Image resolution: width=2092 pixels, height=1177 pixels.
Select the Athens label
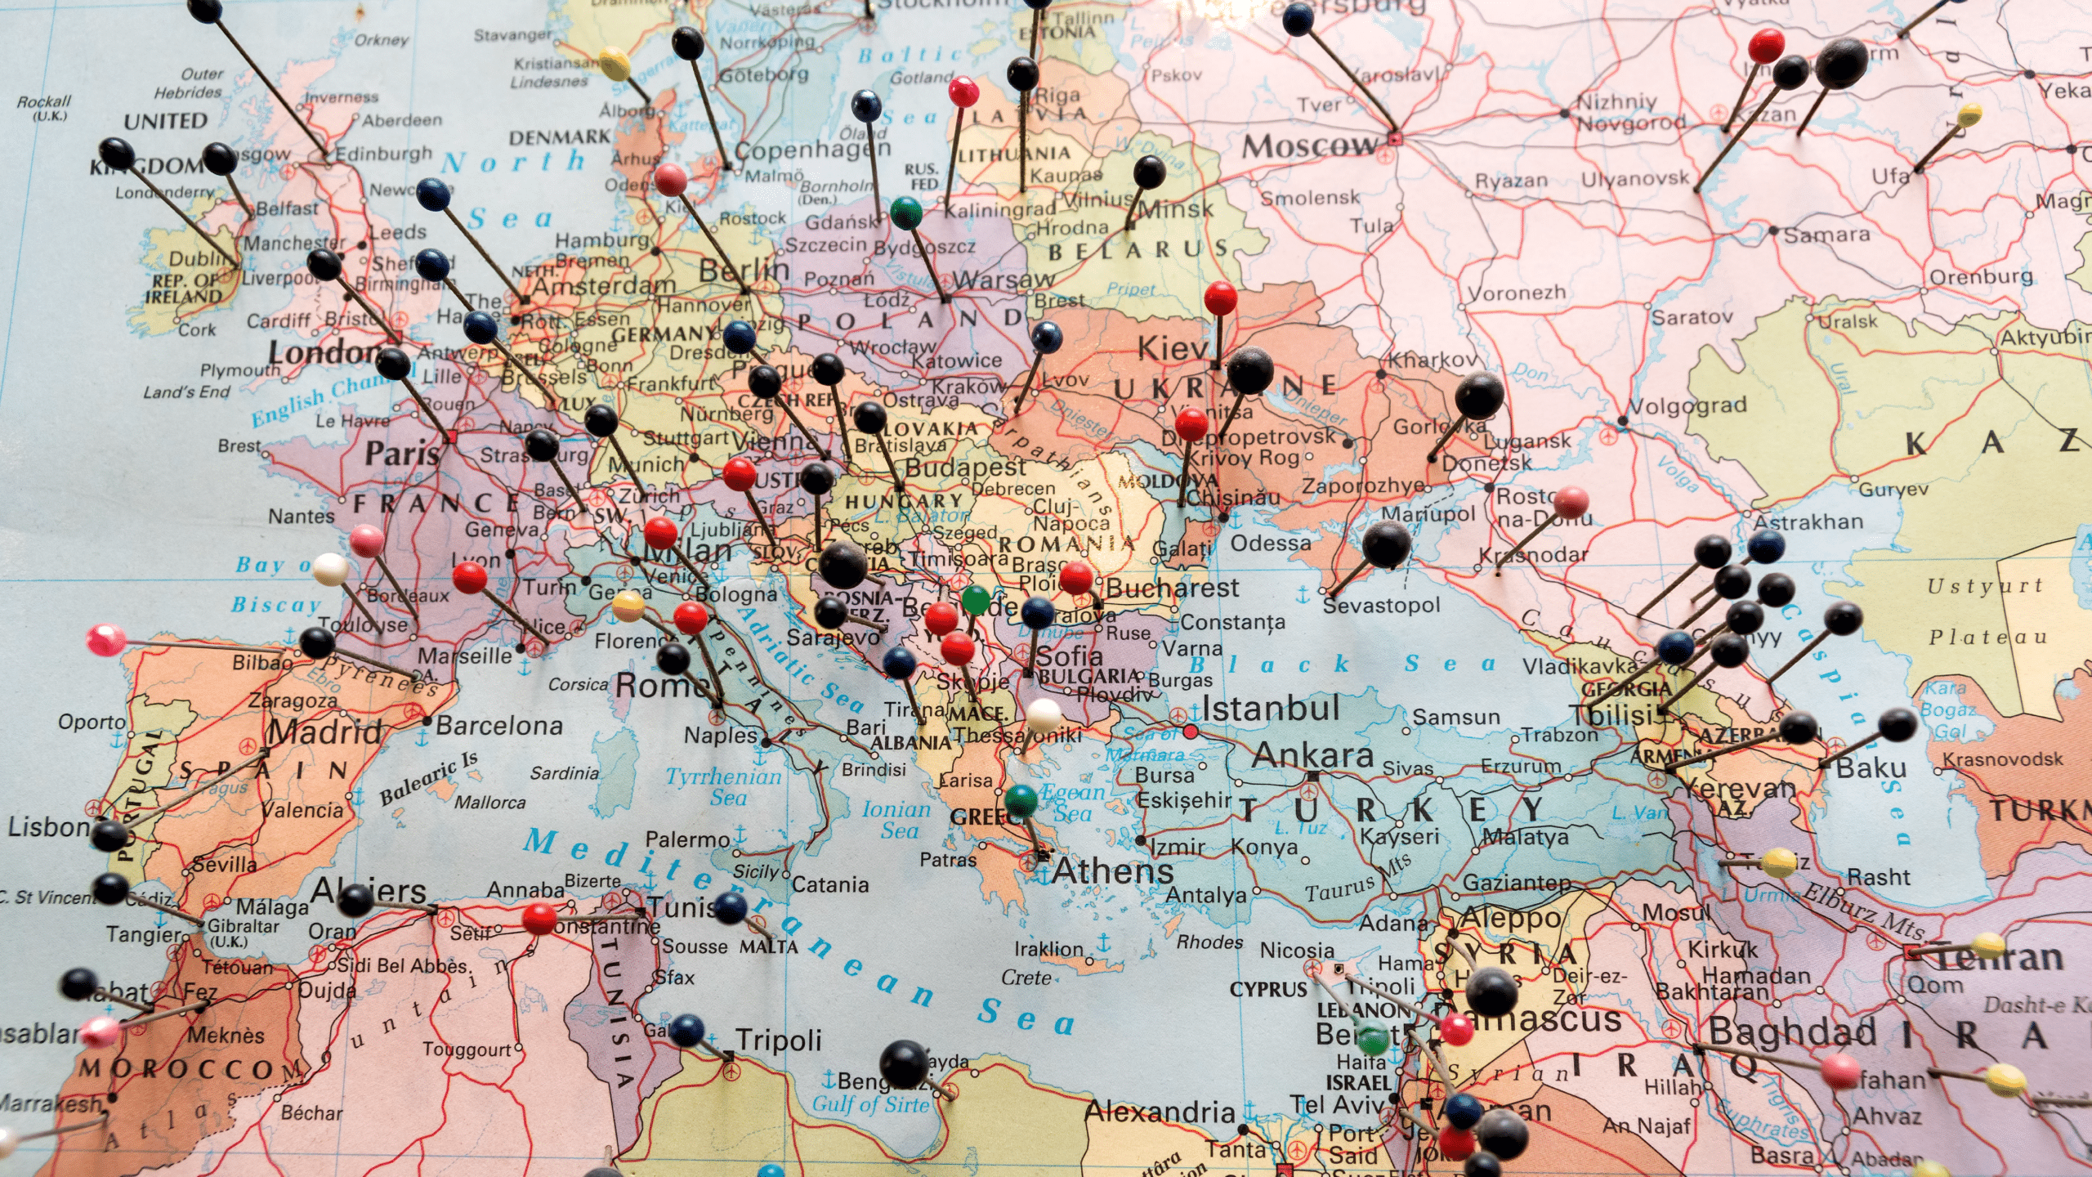(x=1112, y=870)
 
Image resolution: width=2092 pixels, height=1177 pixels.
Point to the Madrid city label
(x=325, y=731)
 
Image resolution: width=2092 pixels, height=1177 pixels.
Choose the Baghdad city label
(x=1791, y=1032)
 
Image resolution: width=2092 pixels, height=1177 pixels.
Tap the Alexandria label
(x=1160, y=1112)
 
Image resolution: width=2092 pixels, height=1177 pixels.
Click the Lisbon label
(x=47, y=827)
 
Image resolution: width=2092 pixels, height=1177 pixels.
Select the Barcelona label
(x=499, y=725)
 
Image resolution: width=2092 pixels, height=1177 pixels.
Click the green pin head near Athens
(x=1021, y=799)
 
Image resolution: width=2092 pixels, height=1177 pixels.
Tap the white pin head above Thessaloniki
(x=1044, y=714)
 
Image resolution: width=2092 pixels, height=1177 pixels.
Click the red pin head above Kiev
(x=1220, y=298)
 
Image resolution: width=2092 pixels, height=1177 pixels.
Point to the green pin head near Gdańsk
(x=905, y=213)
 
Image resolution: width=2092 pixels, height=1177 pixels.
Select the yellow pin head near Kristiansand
(x=615, y=63)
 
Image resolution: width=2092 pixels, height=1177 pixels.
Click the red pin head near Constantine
(x=539, y=919)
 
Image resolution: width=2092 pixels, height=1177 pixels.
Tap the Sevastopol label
(x=1381, y=605)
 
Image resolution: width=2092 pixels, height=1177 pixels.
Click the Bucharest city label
(x=1172, y=588)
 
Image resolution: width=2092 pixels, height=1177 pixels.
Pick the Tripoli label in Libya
(x=778, y=1041)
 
